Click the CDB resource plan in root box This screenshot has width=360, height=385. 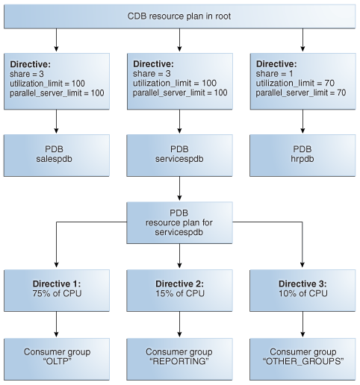pyautogui.click(x=179, y=16)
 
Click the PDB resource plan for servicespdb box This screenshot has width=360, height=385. pyautogui.click(x=179, y=222)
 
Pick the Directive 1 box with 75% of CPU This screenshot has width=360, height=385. pyautogui.click(x=57, y=289)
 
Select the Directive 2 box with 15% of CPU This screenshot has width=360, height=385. pyautogui.click(x=179, y=289)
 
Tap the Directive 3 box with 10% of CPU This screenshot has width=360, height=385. pyautogui.click(x=302, y=289)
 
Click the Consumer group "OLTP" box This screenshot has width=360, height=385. pyautogui.click(x=57, y=357)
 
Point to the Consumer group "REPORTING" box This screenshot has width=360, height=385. pyautogui.click(x=179, y=357)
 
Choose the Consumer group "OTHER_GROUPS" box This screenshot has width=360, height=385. pyautogui.click(x=302, y=357)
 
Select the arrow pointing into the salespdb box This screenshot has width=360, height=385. pyautogui.click(x=57, y=119)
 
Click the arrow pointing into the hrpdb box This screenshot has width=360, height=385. pyautogui.click(x=302, y=119)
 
